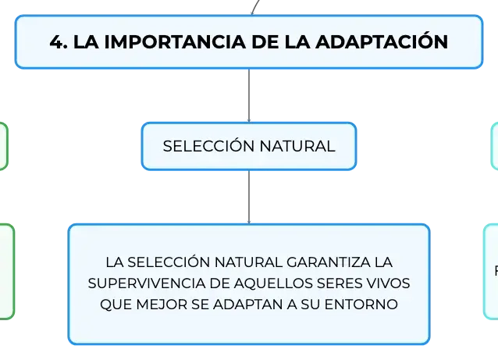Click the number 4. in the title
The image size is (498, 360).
coord(59,42)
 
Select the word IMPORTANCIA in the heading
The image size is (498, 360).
coord(175,42)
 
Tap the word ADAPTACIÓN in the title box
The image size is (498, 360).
coord(382,41)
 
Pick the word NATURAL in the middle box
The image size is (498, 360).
coord(297,146)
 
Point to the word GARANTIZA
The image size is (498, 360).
coord(329,262)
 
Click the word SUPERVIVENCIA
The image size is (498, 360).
coord(147,283)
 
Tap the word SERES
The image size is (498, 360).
coord(340,283)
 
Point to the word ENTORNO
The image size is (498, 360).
coord(361,305)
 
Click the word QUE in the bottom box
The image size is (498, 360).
coord(116,305)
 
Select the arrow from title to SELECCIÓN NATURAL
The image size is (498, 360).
coord(249,95)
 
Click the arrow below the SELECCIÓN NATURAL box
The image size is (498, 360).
coord(249,197)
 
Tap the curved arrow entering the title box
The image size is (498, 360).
coord(254,7)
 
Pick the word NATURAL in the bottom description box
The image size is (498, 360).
coord(248,262)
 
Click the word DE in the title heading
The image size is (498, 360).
coord(265,42)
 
